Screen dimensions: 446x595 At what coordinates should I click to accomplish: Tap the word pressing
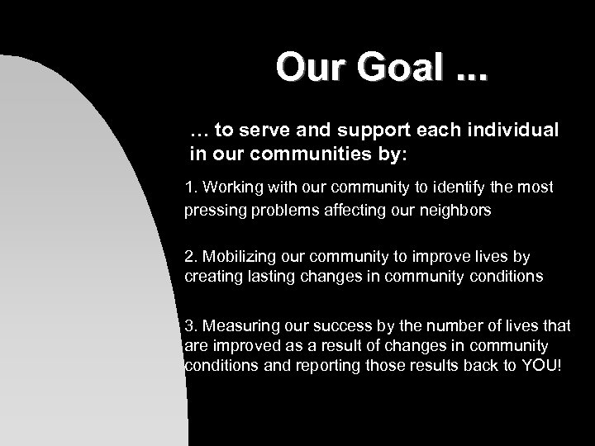[x=211, y=210]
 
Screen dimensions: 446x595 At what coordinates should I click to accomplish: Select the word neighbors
[x=454, y=210]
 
